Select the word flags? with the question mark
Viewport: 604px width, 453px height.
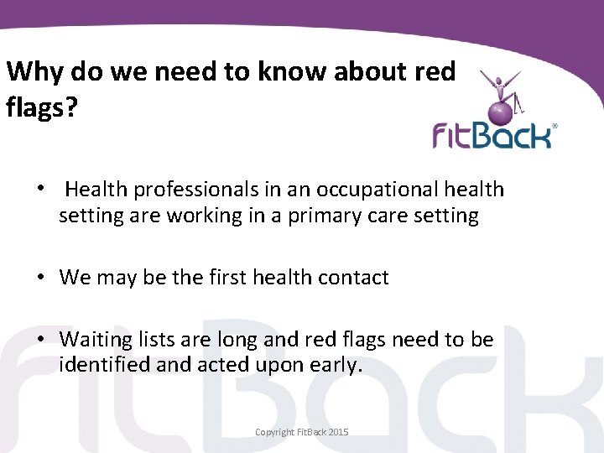tap(40, 107)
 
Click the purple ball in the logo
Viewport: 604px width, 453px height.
tap(501, 110)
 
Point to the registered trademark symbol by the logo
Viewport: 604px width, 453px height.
tap(554, 127)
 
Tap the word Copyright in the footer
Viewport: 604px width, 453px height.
tap(276, 432)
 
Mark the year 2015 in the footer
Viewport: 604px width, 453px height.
tap(338, 432)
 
